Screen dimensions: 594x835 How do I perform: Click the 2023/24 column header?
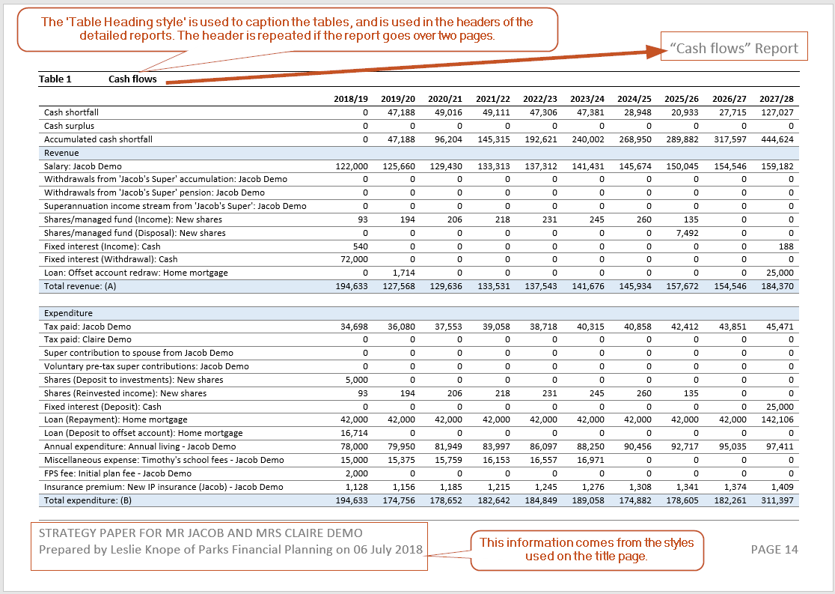pos(587,99)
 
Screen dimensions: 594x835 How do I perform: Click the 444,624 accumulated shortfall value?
pos(777,139)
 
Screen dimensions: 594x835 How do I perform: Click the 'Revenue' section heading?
pos(61,153)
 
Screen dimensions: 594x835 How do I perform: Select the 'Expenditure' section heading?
pos(68,313)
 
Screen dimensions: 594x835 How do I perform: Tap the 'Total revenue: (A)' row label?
pos(81,286)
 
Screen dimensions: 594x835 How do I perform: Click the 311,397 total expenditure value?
pos(777,500)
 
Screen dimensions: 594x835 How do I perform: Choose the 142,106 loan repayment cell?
pos(777,419)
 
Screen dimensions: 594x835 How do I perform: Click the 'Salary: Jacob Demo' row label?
pos(82,166)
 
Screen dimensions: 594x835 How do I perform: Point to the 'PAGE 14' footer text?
pos(774,550)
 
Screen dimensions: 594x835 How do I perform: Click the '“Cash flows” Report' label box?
pos(733,49)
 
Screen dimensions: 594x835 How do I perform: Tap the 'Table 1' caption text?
pos(55,79)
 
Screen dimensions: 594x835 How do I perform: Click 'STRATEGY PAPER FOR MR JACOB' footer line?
pos(201,533)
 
